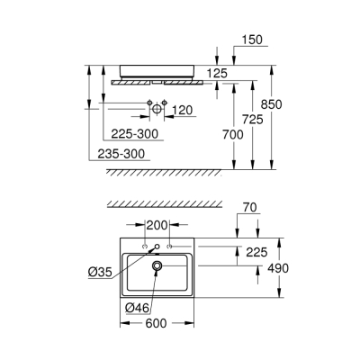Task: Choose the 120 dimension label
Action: pos(184,109)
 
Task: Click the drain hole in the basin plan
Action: pos(157,265)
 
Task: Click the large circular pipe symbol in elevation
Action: pos(157,109)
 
